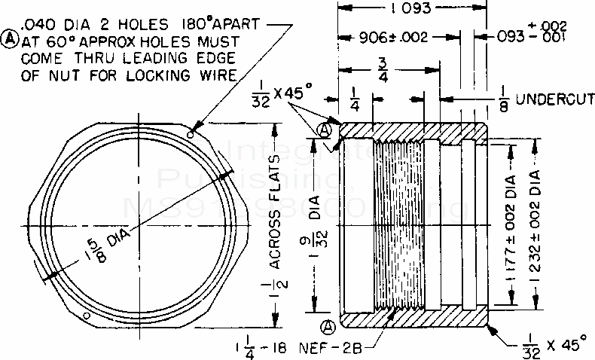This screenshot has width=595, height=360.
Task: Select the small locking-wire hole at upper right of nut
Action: point(193,136)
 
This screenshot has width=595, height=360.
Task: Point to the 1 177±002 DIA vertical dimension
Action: point(510,226)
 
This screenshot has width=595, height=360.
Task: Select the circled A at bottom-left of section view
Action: point(328,327)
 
